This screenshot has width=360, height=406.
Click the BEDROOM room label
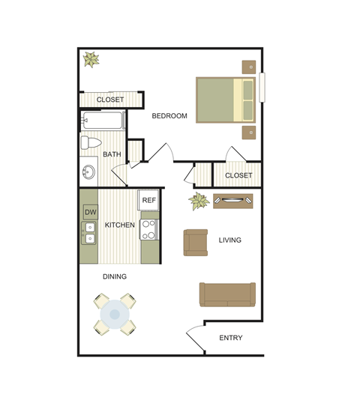169,116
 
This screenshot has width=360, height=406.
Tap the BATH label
112,155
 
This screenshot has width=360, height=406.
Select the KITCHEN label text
120,225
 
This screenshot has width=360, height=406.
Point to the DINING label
115,276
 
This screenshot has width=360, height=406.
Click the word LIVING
229,240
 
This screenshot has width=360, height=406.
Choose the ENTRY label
230,338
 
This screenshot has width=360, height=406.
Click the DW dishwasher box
90,212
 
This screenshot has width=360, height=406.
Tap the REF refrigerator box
149,200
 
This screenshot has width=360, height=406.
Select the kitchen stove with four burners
149,229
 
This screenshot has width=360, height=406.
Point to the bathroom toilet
91,143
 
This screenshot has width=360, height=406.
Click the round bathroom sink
88,172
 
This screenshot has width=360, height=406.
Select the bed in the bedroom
226,99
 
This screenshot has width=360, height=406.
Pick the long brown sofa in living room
227,294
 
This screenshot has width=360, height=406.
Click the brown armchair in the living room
196,242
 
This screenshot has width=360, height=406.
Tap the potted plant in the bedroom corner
91,59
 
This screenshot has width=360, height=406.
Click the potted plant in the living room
199,201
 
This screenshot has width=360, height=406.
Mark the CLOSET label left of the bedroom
110,100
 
